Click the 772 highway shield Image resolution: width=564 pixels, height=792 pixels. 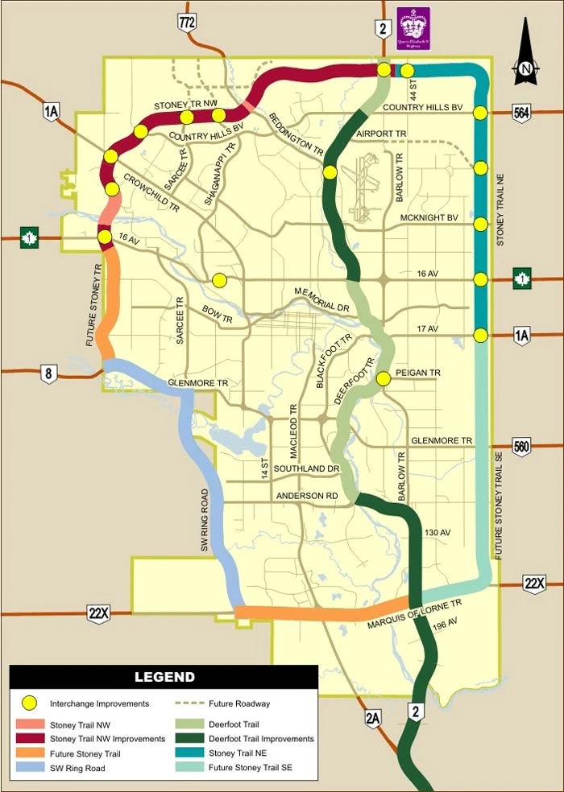[188, 23]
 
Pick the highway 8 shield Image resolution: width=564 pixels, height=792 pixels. [50, 373]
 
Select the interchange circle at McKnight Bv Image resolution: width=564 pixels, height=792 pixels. [481, 224]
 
